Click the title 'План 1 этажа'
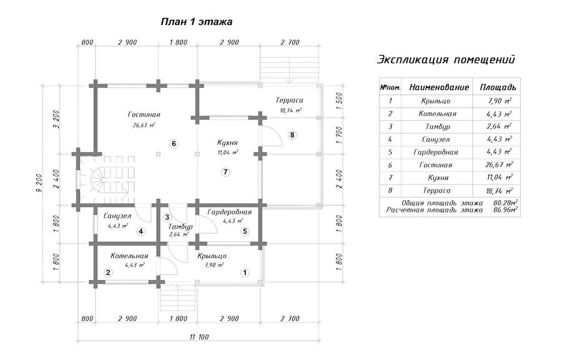tap(197, 22)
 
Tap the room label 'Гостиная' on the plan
tap(144, 115)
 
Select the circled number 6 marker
tap(174, 144)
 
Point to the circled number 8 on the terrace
tap(292, 135)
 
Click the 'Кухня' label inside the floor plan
tap(227, 143)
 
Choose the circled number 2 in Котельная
tap(108, 272)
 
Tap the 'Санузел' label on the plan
tap(117, 216)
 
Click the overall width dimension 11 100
tap(199, 337)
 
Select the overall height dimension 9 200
tap(39, 183)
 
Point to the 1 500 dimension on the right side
tap(340, 101)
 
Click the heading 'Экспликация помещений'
tap(446, 59)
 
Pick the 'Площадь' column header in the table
tap(498, 87)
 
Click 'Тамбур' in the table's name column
tap(438, 127)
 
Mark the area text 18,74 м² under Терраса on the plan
tap(290, 111)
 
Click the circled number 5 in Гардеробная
tap(245, 231)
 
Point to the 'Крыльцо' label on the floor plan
tap(212, 256)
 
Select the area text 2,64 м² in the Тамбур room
tap(179, 235)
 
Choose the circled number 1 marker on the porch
tap(245, 272)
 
